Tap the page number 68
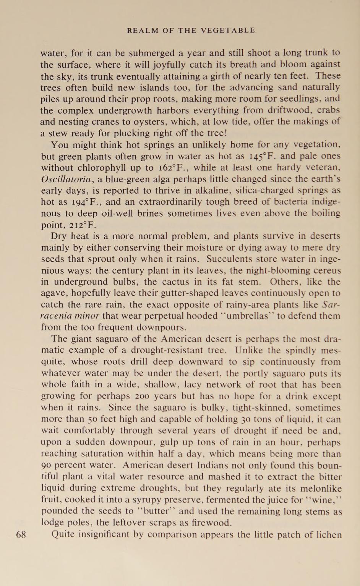click(x=21, y=534)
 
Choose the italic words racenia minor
click(x=70, y=316)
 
